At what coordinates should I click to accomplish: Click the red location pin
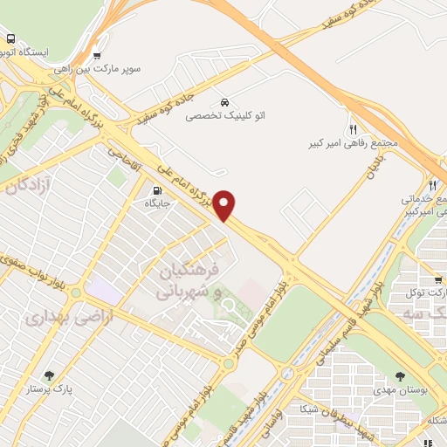224,204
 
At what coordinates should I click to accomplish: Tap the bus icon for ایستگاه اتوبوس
10,39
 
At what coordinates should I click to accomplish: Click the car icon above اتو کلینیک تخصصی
226,101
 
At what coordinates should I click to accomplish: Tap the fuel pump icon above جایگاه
156,190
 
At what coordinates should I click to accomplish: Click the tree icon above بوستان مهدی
400,376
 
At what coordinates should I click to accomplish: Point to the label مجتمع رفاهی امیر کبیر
354,141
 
